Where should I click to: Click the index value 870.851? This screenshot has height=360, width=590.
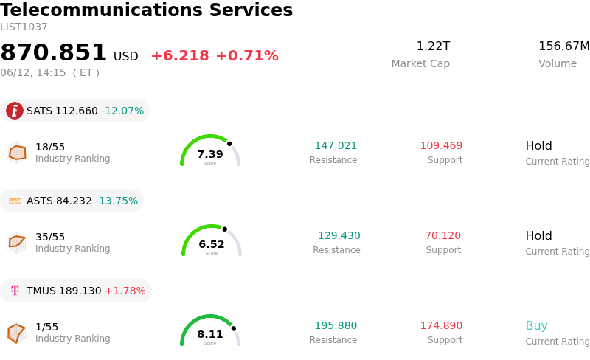(53, 52)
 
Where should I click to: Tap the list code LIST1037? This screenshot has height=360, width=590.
(24, 27)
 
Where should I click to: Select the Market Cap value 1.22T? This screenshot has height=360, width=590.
(433, 46)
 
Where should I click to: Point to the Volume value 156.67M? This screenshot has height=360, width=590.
(564, 46)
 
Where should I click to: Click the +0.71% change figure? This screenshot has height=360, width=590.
(247, 56)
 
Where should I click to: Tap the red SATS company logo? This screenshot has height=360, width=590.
(15, 111)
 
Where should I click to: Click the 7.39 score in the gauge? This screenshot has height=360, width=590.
(210, 154)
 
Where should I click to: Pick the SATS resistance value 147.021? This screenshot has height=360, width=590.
(336, 145)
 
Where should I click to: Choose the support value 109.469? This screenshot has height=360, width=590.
(441, 145)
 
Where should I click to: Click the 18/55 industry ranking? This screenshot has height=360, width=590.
(50, 147)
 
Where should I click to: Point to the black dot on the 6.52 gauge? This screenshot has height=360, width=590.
(225, 229)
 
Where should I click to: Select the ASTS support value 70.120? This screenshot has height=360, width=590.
(443, 235)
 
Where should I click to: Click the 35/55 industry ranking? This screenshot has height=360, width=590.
(50, 237)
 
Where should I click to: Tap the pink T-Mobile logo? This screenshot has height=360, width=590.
(15, 291)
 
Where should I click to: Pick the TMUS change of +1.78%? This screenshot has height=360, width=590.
(125, 291)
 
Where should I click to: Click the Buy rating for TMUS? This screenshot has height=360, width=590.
(537, 325)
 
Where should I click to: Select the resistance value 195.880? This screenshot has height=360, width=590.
(336, 325)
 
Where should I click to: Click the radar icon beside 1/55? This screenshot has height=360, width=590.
(16, 333)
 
